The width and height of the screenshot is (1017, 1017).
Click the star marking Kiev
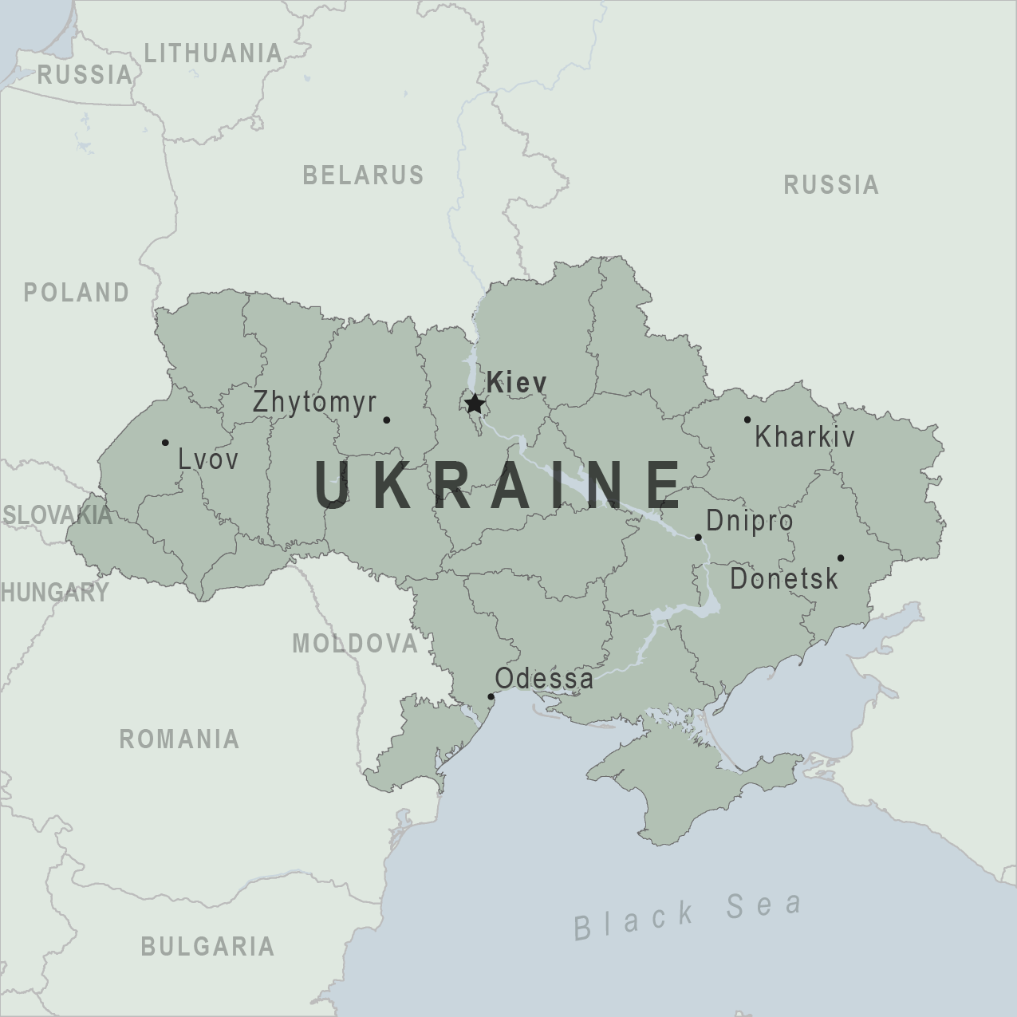point(475,403)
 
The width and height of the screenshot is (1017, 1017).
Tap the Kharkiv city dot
point(747,420)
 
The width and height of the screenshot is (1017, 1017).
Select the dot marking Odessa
point(491,696)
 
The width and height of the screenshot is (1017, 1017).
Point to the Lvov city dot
point(165,443)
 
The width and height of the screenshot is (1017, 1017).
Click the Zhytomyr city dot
point(387,420)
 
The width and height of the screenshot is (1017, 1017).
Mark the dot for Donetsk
point(840,558)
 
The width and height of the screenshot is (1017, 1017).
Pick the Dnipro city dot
point(698,537)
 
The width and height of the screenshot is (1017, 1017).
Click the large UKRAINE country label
point(498,484)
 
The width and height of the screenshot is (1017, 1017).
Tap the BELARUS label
point(363,175)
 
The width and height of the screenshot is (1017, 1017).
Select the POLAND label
point(77,293)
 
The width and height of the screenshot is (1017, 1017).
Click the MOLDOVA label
point(355,643)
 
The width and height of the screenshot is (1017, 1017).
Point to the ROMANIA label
point(179,739)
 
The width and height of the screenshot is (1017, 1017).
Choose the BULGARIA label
point(207,947)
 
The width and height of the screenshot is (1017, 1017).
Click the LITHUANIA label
point(213,53)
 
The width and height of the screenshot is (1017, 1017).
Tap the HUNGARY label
point(54,592)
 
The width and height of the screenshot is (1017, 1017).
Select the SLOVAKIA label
point(57,514)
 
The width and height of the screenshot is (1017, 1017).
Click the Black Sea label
point(688,914)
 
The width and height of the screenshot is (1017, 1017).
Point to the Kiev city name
point(517,382)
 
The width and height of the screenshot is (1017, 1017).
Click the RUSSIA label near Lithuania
point(85,75)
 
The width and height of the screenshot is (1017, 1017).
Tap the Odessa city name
point(544,679)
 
